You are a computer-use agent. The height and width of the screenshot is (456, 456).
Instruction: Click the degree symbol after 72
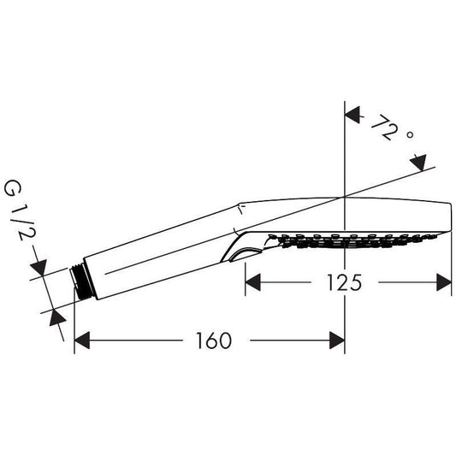pos(409,135)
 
